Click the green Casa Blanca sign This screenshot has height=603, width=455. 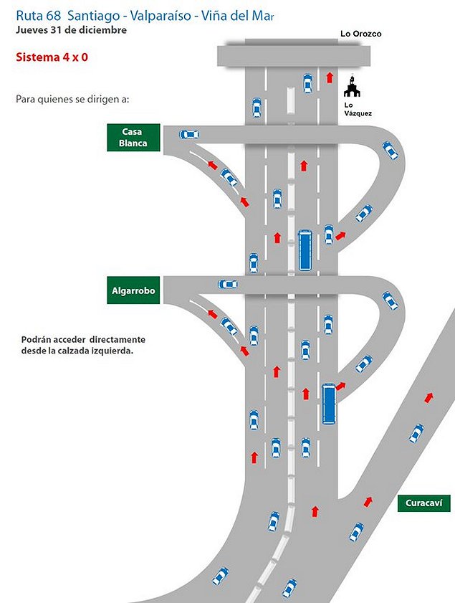133,138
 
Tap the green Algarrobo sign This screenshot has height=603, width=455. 133,290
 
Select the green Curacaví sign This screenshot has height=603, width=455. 423,503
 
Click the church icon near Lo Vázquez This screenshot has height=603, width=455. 351,87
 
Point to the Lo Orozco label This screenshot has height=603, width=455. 360,34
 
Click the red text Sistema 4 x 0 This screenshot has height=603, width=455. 52,57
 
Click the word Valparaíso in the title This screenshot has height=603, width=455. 164,15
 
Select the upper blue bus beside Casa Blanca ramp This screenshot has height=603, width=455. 305,250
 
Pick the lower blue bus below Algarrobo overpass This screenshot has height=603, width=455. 329,404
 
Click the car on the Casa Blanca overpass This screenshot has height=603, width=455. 189,134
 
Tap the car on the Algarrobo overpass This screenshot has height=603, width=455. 228,284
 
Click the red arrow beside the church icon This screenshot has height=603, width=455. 330,77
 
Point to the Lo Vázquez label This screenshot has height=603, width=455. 358,109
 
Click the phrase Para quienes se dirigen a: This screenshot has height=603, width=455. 72,98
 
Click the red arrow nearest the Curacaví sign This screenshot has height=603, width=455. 368,502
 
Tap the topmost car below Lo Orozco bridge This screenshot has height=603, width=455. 307,83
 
